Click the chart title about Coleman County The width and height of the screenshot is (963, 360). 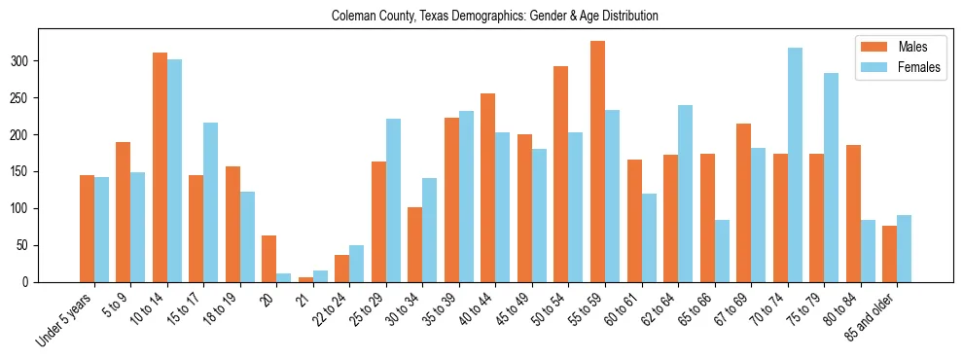(x=495, y=17)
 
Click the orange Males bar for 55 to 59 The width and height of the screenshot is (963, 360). (x=597, y=162)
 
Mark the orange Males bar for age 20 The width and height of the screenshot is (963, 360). (x=269, y=259)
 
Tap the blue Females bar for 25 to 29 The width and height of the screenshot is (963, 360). (x=393, y=200)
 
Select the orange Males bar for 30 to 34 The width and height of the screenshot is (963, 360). (x=415, y=245)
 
